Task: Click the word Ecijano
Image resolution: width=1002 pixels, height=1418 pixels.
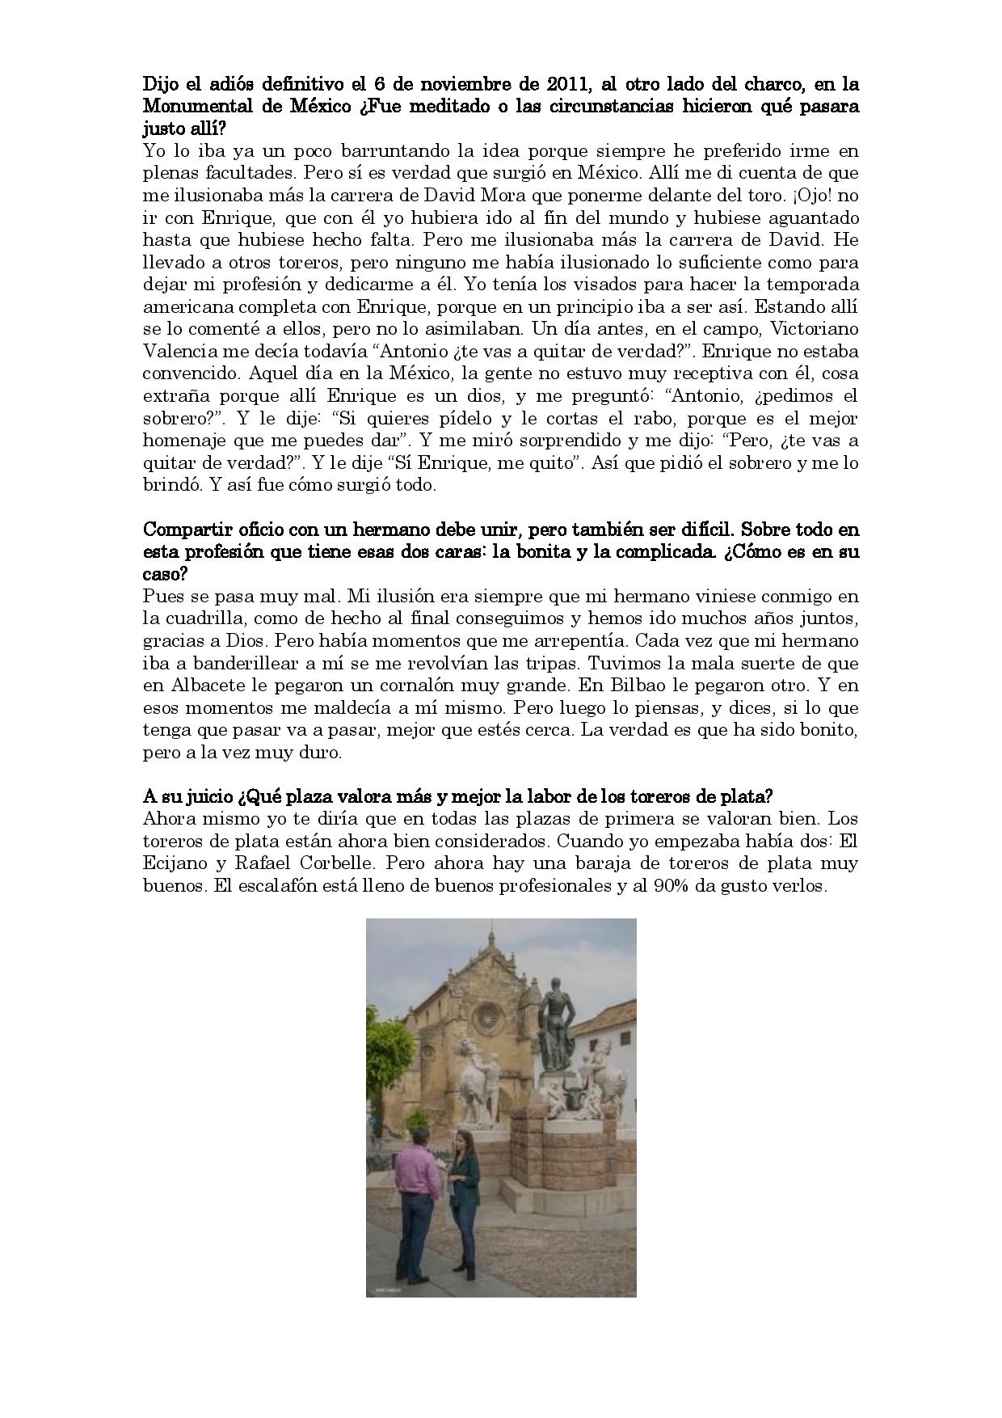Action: pyautogui.click(x=176, y=863)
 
